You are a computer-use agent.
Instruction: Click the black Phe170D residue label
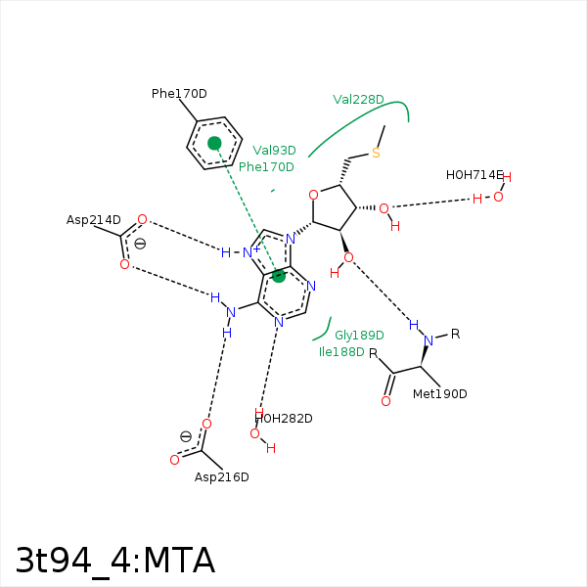pos(179,94)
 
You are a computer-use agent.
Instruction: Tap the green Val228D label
pos(358,100)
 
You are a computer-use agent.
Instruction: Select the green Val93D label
pos(274,151)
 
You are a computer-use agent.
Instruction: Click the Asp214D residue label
pos(94,220)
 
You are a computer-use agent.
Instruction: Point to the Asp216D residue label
pos(221,477)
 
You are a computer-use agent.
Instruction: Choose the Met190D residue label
pos(439,394)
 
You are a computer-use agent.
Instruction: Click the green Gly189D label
pos(359,336)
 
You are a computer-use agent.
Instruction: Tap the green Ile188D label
pos(341,352)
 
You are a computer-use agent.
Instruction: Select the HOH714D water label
pos(474,175)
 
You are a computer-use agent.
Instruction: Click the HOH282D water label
pos(284,419)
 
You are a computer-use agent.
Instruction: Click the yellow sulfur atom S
pos(376,154)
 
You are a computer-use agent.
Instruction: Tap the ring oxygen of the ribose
pos(313,194)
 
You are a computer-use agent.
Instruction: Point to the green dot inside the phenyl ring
pos(214,143)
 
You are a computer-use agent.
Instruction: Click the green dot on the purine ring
pos(279,276)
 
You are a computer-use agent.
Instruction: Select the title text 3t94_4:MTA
pos(115,561)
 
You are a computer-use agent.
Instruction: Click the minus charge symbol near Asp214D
pos(140,244)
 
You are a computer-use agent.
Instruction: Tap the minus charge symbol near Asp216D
pos(186,436)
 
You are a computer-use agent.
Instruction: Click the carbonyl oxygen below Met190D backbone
pos(385,401)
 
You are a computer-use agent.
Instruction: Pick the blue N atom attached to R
pos(429,340)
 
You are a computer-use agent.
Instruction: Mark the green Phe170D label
pos(266,167)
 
